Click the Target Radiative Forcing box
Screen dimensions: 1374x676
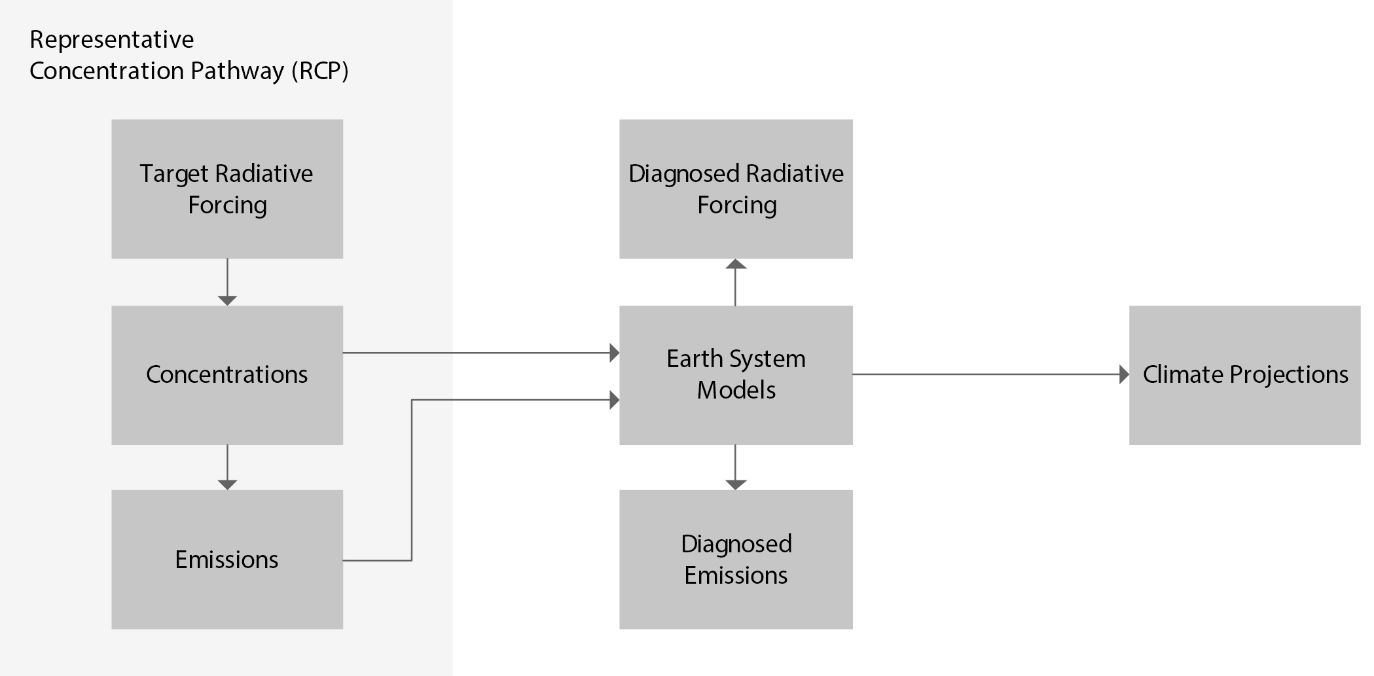[227, 188]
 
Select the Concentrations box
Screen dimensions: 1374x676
[227, 375]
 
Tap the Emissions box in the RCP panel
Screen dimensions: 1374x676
[227, 560]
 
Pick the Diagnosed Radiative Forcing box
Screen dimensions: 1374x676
[736, 188]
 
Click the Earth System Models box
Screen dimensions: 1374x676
[736, 375]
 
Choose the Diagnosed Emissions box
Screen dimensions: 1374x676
[736, 560]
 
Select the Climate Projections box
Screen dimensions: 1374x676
[1245, 375]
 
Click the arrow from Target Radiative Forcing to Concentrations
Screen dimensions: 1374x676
[227, 282]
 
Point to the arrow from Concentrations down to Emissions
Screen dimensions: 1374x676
[227, 467]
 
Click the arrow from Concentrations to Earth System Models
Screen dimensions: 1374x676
[481, 353]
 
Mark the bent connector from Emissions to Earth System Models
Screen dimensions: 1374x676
[412, 480]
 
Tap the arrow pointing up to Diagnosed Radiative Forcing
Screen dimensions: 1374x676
[736, 282]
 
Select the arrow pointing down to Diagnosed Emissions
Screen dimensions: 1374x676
[736, 467]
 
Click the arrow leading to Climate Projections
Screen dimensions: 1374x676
[991, 374]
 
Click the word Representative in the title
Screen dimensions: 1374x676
[112, 41]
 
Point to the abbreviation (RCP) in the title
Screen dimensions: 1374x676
[319, 71]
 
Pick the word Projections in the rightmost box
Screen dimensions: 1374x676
[1289, 375]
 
